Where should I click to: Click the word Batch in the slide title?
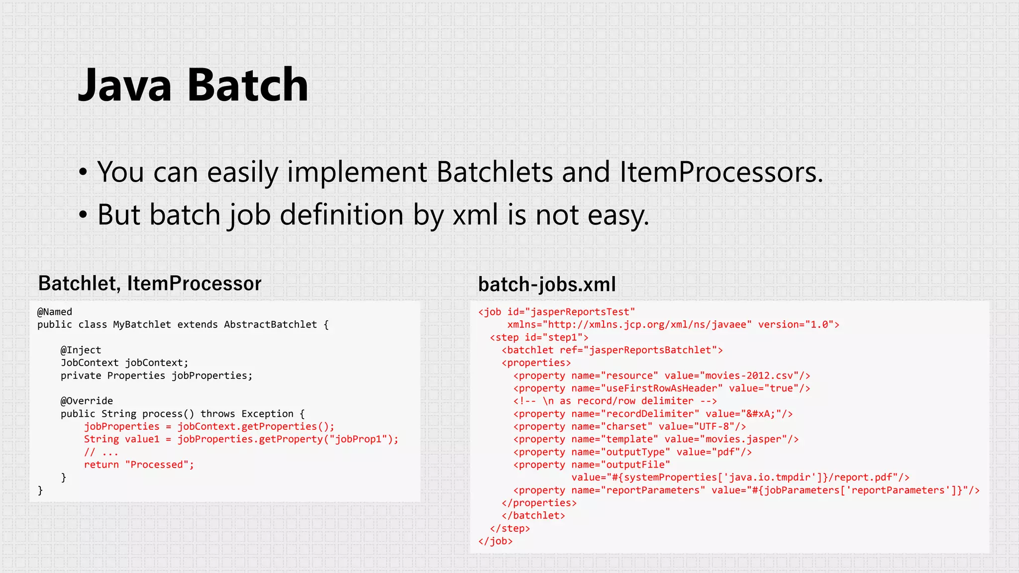[x=248, y=85]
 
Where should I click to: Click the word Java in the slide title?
[x=125, y=85]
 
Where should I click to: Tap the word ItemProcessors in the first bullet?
[x=721, y=172]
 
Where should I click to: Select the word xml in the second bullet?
[x=475, y=215]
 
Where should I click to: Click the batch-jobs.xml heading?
[x=547, y=285]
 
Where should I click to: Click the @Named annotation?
[x=55, y=312]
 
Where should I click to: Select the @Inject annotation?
[x=81, y=350]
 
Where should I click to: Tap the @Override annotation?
[x=87, y=401]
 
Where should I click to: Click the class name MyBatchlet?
[x=142, y=325]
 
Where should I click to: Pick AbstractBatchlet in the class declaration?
[x=270, y=325]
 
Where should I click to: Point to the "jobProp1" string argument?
[x=357, y=439]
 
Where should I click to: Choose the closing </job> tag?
[x=495, y=541]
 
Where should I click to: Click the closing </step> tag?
[x=510, y=528]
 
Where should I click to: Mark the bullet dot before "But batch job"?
[x=83, y=215]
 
